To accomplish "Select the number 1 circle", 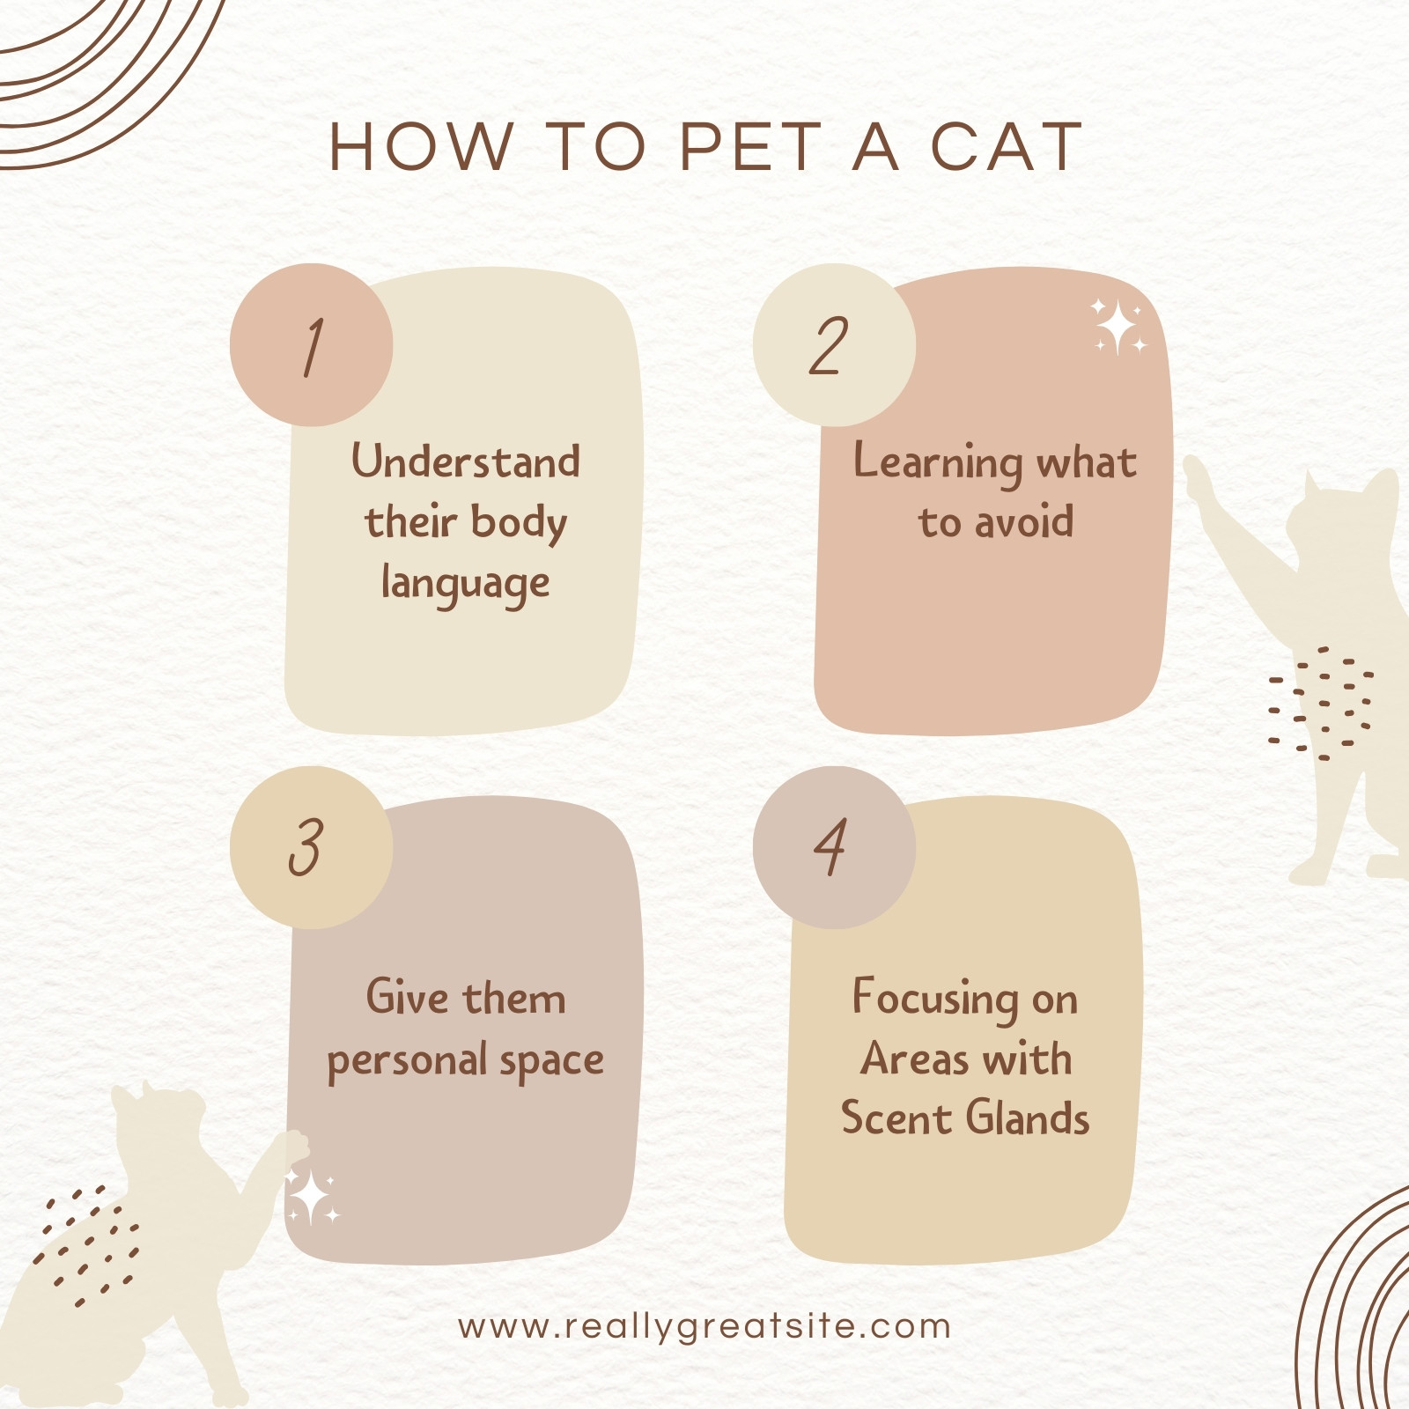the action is [x=311, y=345].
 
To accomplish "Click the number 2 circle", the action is [x=834, y=345].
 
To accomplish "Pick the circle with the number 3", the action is [x=311, y=847].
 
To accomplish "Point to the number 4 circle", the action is [x=834, y=847].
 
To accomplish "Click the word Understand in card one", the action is [x=466, y=461].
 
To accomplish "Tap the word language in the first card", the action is [x=466, y=584].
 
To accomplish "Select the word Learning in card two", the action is [x=937, y=463].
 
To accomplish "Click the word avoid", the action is [x=1022, y=521].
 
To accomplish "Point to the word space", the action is [x=551, y=1062].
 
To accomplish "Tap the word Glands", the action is [x=1028, y=1118].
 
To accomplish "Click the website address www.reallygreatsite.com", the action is [x=704, y=1326].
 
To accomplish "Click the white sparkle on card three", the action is [x=312, y=1198].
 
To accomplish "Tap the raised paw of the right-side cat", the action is [x=1199, y=480].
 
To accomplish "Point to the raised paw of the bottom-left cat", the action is [x=293, y=1146].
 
